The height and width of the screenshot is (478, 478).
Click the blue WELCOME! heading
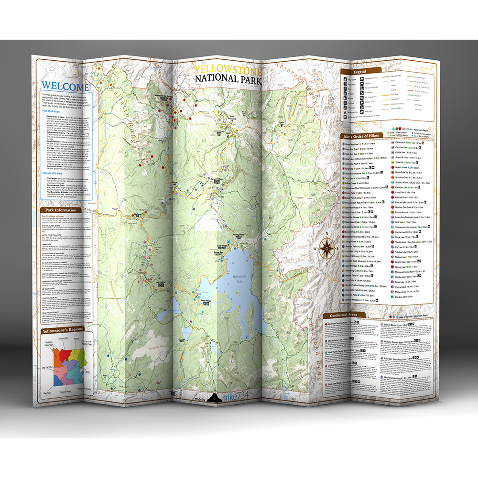[x=65, y=87]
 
